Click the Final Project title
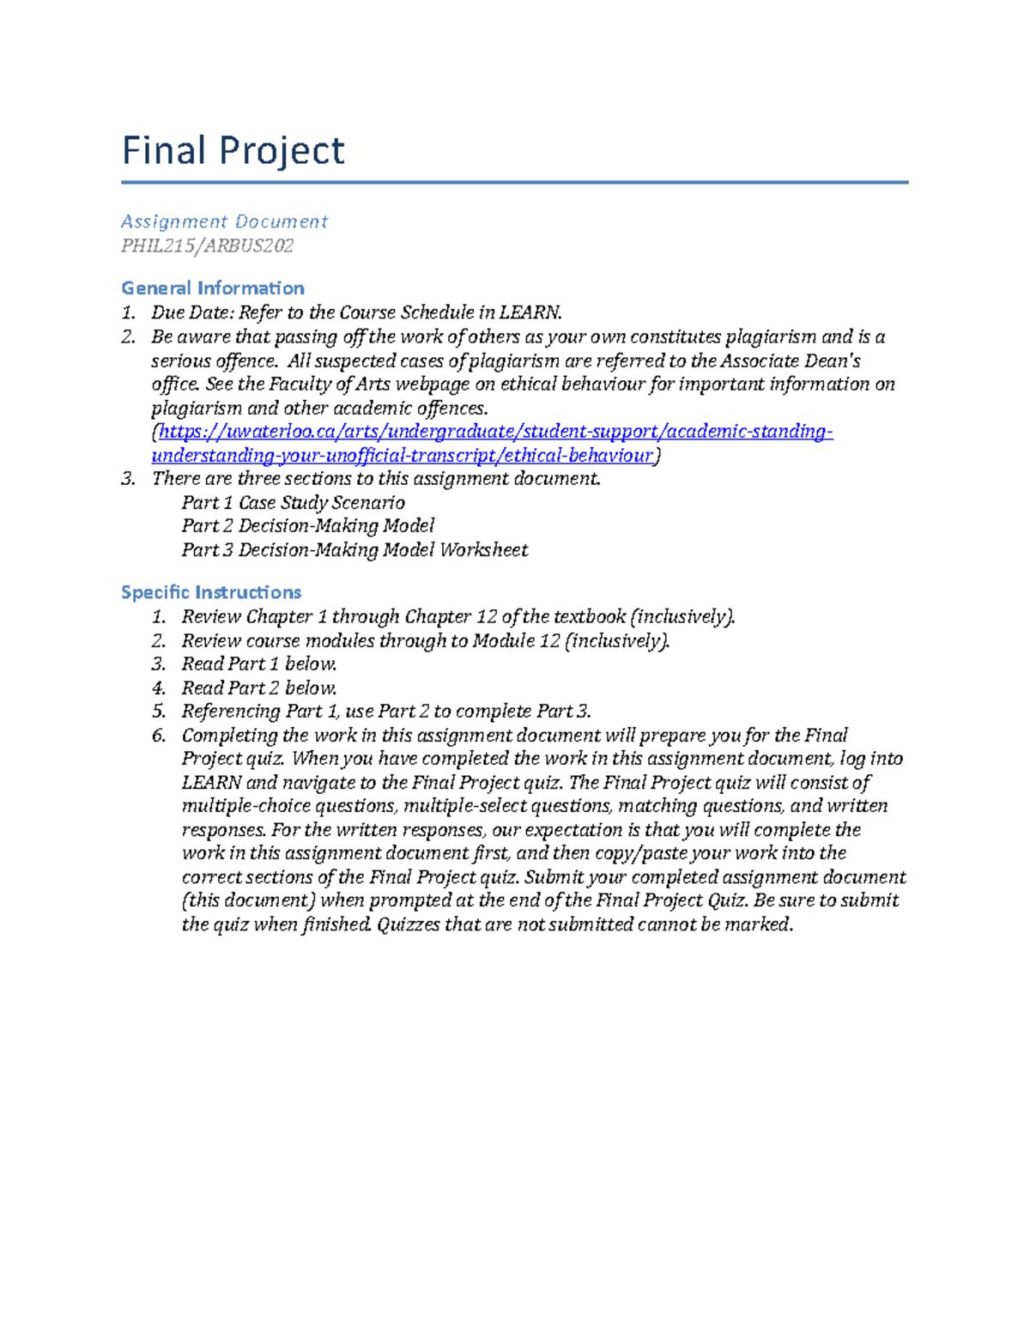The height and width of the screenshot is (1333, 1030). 233,151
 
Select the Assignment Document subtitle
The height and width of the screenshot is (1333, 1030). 224,221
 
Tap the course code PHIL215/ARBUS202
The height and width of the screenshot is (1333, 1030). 207,245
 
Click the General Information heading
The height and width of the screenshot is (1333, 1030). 213,288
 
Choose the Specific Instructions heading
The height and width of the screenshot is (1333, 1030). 211,592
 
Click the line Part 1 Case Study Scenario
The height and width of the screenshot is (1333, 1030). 293,502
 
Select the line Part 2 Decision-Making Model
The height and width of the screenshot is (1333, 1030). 307,525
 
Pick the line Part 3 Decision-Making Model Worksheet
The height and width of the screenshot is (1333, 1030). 354,549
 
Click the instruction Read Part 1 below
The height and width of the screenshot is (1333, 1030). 258,663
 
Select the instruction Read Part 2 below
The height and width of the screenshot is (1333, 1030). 258,688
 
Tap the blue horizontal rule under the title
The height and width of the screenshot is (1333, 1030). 514,182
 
